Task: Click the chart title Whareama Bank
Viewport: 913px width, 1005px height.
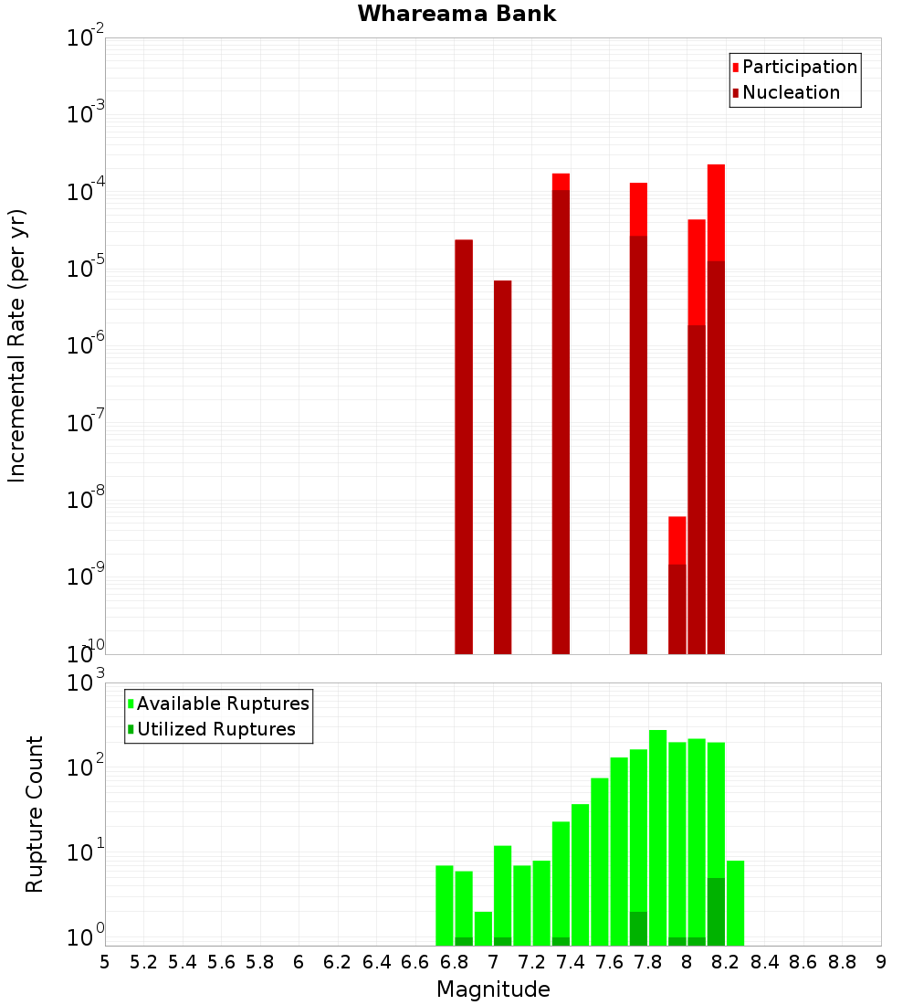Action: (456, 14)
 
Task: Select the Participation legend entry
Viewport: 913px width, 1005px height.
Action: (793, 67)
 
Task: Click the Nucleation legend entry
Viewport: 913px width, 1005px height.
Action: (784, 92)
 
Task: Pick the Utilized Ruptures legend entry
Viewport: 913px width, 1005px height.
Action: (210, 729)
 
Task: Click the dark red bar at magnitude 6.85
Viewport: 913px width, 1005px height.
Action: (464, 447)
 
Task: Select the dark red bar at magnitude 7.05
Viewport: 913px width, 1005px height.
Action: (502, 467)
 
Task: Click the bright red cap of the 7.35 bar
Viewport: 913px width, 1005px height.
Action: (561, 181)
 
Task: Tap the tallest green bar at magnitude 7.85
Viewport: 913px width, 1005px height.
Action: (657, 837)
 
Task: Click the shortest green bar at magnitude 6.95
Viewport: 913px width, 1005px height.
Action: (483, 927)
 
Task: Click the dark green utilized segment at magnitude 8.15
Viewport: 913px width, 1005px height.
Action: (716, 911)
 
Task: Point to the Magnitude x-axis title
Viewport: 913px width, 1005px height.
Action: (493, 989)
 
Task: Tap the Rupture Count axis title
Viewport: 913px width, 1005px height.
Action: (35, 813)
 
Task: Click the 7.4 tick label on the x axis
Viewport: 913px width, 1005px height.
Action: (571, 962)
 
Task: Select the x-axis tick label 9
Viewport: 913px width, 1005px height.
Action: (880, 962)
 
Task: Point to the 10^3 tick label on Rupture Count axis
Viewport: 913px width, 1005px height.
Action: (86, 683)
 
